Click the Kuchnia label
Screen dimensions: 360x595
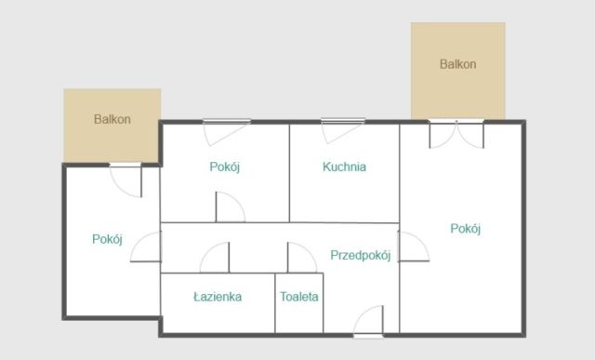point(344,167)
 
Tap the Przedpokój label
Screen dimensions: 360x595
point(360,255)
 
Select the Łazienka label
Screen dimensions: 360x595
point(218,298)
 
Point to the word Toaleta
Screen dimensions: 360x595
point(299,298)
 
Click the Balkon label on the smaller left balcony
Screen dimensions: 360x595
point(112,119)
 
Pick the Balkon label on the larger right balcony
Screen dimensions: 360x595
point(458,64)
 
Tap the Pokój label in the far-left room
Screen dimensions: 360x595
point(108,239)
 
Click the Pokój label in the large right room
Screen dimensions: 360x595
point(466,229)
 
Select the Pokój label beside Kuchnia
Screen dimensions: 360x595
point(225,167)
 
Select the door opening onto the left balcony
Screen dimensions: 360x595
point(126,180)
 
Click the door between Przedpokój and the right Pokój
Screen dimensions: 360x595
point(412,247)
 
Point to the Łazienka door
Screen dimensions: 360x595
point(215,258)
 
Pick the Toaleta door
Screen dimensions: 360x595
point(301,258)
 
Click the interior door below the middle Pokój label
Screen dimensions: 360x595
point(230,207)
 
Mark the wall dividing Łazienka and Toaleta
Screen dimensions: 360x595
point(275,302)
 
